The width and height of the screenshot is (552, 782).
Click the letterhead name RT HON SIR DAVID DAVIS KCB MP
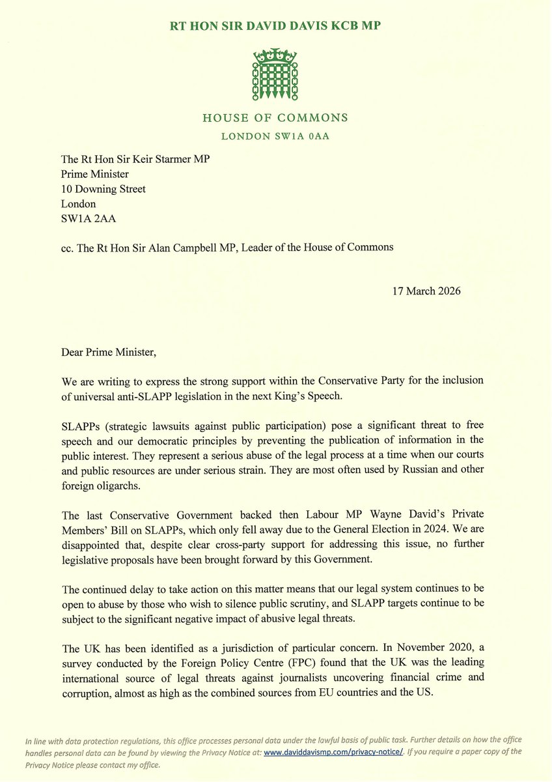(275, 26)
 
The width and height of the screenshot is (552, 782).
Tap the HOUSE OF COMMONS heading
(275, 118)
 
